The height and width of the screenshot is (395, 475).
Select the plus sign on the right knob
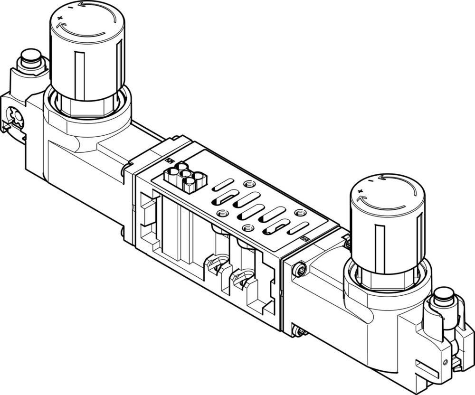click(360, 191)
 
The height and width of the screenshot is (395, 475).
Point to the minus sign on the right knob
click(370, 180)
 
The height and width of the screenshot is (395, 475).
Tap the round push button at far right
click(444, 292)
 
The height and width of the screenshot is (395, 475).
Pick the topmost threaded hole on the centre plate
click(247, 184)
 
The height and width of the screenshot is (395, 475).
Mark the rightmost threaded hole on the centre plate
click(299, 213)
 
